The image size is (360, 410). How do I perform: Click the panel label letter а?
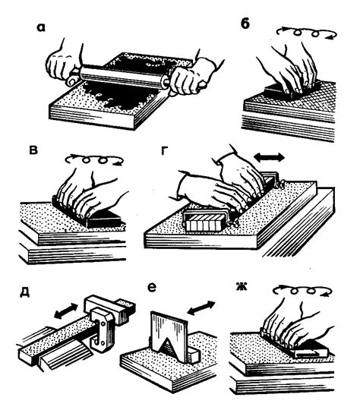(x=41, y=28)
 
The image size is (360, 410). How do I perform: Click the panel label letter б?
(x=245, y=24)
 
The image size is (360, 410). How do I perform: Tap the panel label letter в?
(x=33, y=151)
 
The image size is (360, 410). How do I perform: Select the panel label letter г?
(x=164, y=151)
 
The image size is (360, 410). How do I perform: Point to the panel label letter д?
(x=24, y=293)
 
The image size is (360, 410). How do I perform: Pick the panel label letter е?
(x=152, y=288)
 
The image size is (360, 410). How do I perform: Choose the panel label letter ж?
(x=242, y=287)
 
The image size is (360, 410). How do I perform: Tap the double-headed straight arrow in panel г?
(x=270, y=157)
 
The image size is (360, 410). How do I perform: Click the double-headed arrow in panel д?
(x=65, y=311)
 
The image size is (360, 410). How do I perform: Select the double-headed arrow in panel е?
(x=201, y=307)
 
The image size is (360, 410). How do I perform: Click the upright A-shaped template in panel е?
(x=169, y=335)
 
